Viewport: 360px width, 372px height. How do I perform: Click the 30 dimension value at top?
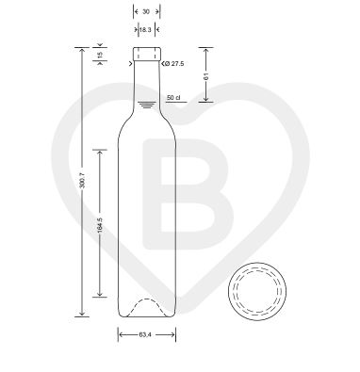[146, 12]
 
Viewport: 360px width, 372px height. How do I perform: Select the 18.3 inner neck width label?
[145, 30]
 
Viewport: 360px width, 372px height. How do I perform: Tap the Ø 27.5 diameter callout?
[173, 64]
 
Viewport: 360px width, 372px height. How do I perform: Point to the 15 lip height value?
[100, 55]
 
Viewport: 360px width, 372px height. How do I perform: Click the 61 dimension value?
[206, 76]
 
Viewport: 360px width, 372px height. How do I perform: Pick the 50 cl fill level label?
[173, 98]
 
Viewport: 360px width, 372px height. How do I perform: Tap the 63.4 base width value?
[145, 334]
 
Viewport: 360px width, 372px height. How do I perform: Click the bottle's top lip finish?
[147, 54]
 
